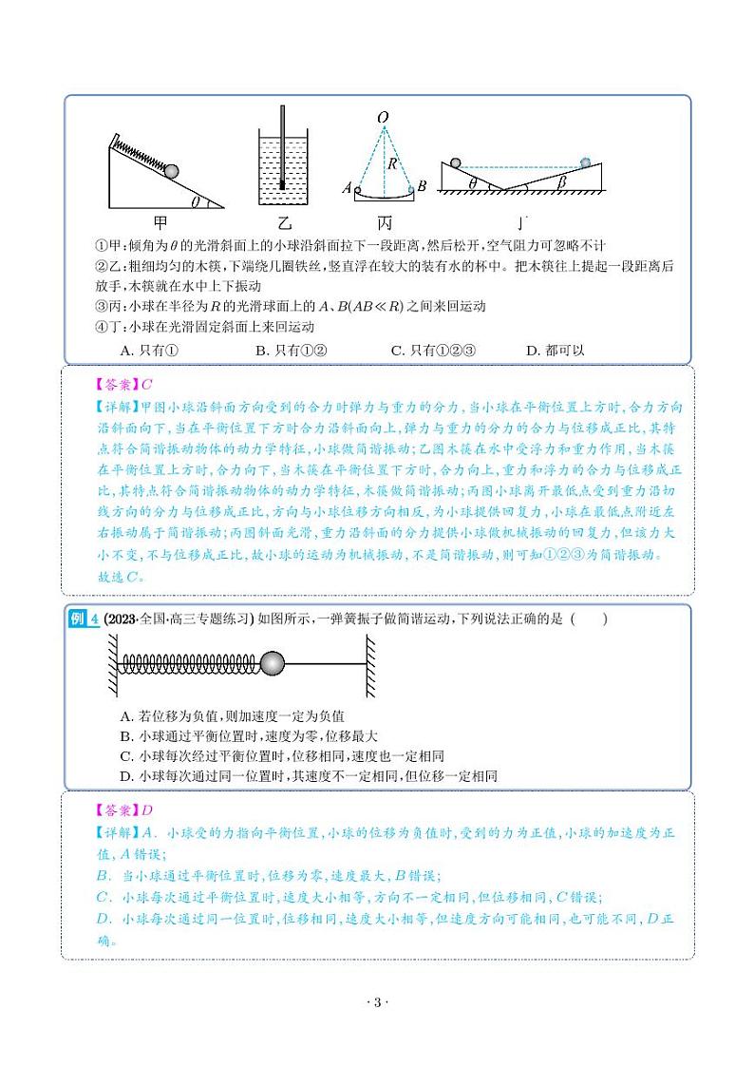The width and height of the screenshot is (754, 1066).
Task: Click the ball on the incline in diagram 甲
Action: coord(172,172)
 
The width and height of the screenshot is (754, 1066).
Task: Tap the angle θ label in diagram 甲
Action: coord(195,200)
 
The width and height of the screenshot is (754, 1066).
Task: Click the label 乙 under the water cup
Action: coord(281,223)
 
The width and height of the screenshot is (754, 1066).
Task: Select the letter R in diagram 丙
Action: coord(390,163)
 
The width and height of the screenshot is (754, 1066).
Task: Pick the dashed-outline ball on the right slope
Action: coord(586,162)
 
